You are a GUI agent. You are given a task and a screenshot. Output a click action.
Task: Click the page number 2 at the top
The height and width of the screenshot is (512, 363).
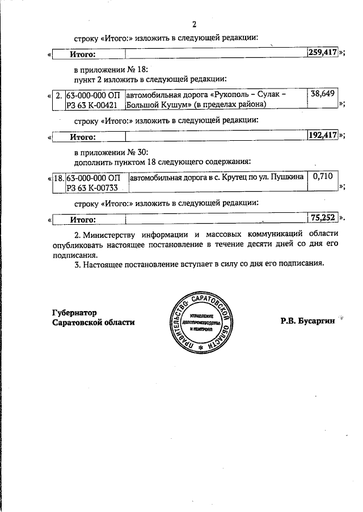pyautogui.click(x=194, y=24)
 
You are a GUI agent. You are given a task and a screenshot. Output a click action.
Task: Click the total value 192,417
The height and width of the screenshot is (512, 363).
pyautogui.click(x=323, y=136)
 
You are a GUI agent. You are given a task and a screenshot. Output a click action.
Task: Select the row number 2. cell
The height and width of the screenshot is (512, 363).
pyautogui.click(x=60, y=95)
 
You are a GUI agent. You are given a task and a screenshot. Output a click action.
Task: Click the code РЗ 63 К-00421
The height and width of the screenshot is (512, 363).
pyautogui.click(x=92, y=104)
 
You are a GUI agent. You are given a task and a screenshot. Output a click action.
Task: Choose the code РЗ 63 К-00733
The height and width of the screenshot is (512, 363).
pyautogui.click(x=92, y=187)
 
